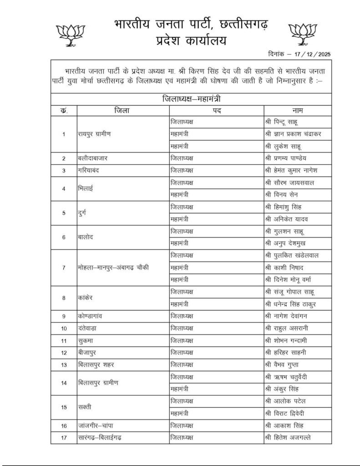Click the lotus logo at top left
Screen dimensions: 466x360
[x=67, y=35]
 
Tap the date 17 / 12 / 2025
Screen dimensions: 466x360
[x=312, y=54]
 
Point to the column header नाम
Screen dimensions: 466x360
[x=298, y=111]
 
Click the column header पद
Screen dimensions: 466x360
[x=216, y=111]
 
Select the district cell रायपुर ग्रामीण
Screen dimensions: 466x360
[x=95, y=134]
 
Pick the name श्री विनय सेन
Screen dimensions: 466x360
[x=282, y=195]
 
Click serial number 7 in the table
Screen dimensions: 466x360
[x=64, y=267]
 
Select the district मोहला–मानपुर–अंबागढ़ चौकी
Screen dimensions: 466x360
[x=114, y=267]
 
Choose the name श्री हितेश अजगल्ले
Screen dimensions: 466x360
[x=289, y=438]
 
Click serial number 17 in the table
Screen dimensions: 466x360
[x=64, y=438]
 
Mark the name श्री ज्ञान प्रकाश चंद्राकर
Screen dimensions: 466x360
[x=296, y=134]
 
